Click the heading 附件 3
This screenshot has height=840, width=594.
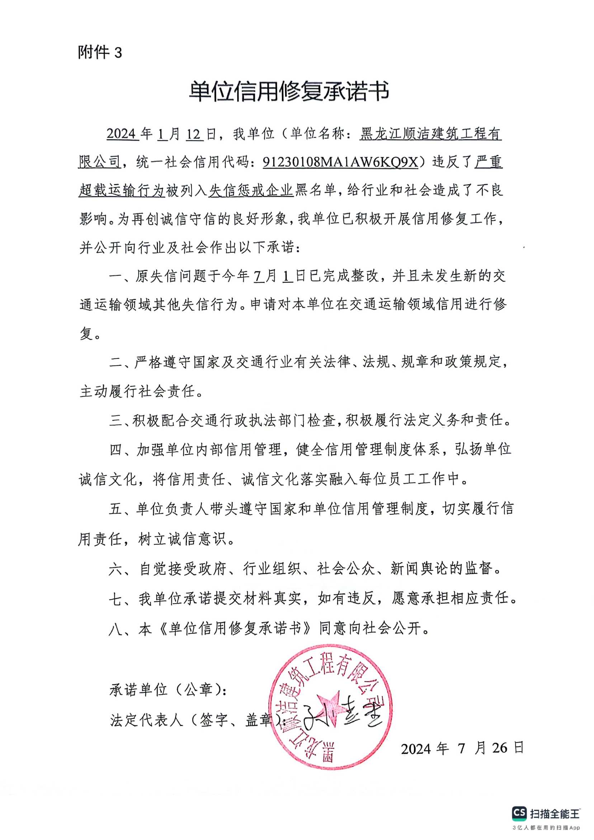(x=99, y=53)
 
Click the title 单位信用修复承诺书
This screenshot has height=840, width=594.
(x=289, y=91)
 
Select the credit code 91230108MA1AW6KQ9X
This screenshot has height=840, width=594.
(x=340, y=162)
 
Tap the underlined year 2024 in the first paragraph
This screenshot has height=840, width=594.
(x=122, y=134)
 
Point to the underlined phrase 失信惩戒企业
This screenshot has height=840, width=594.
(x=251, y=190)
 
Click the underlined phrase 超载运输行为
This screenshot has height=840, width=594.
(x=122, y=190)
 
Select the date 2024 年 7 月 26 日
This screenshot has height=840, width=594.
(x=462, y=748)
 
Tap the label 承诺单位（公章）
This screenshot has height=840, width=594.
(x=168, y=690)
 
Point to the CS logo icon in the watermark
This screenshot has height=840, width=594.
(x=520, y=813)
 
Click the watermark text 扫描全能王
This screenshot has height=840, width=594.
(x=555, y=814)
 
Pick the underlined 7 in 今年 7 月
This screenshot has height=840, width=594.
(x=259, y=276)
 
